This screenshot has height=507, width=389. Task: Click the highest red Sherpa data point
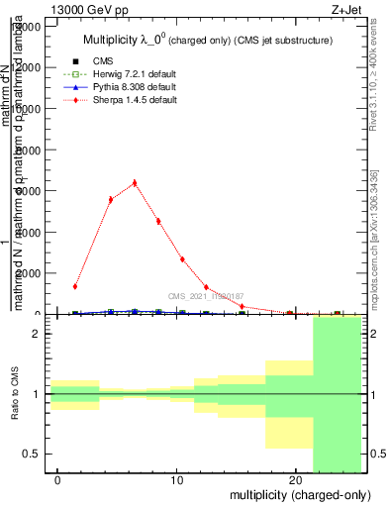click(x=135, y=182)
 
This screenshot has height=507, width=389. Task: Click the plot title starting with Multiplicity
click(x=205, y=40)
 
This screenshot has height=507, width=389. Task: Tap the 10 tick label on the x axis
click(x=177, y=480)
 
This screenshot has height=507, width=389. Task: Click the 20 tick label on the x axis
click(x=295, y=480)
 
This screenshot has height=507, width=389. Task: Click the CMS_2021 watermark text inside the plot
click(x=205, y=295)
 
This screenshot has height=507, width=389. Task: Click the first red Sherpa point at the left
click(x=75, y=286)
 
